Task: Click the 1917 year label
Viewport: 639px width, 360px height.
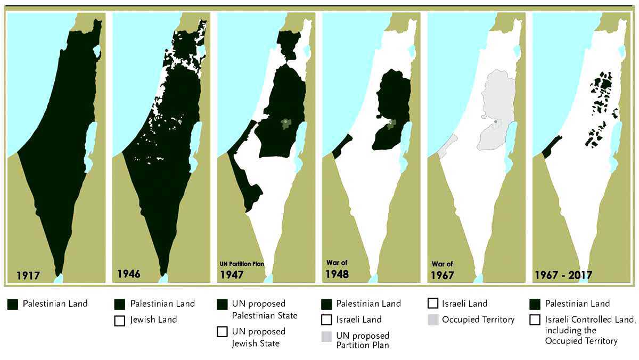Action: click(28, 276)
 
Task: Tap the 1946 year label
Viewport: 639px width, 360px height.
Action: click(129, 274)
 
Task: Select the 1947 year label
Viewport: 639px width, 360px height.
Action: click(233, 275)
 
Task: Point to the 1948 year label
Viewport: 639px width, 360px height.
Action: click(338, 274)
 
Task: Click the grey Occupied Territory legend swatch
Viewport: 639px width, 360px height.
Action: click(433, 320)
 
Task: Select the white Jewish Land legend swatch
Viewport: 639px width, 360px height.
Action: click(120, 321)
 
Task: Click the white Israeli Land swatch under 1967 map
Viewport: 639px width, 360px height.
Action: click(433, 304)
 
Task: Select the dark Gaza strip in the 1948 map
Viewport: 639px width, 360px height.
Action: click(342, 145)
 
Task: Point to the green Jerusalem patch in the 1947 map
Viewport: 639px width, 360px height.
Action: click(287, 124)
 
